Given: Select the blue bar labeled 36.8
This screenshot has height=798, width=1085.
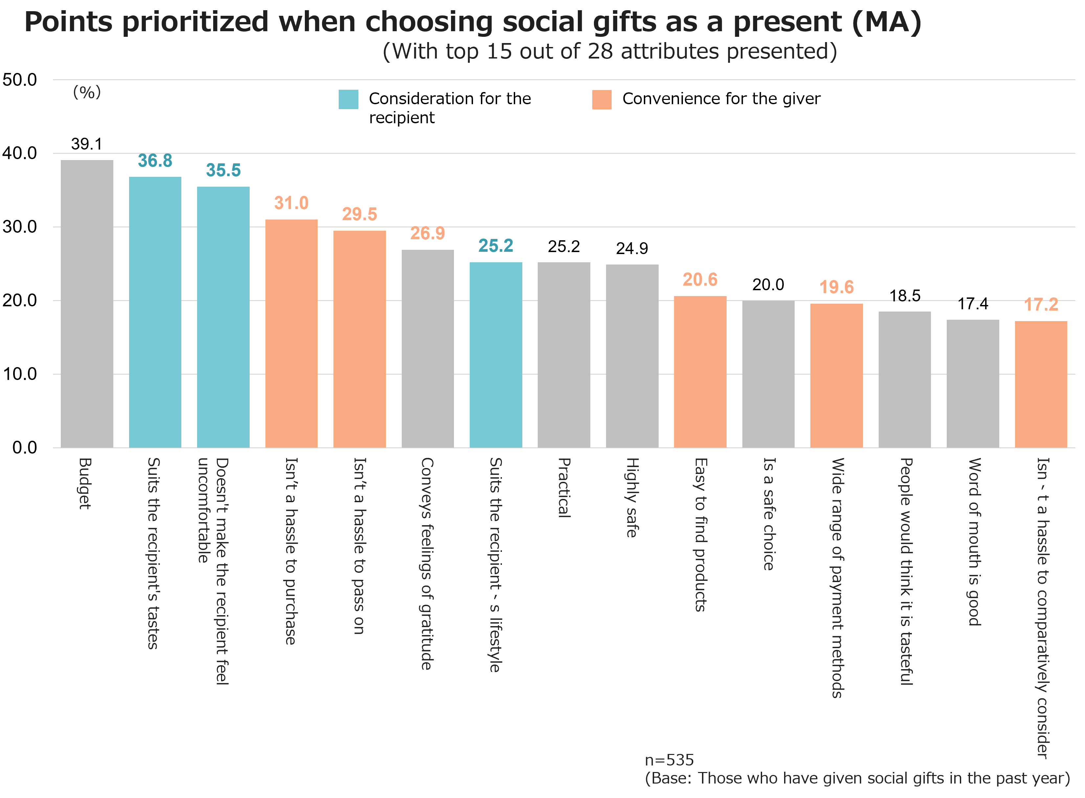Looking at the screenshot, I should (155, 312).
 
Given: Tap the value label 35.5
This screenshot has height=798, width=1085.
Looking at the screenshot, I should (223, 170).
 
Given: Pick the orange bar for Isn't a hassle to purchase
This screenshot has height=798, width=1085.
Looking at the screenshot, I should (291, 333).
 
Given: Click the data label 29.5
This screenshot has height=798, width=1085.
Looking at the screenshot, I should (360, 214).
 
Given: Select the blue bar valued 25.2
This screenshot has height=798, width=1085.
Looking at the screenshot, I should (496, 355).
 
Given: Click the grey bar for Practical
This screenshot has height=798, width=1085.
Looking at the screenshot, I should (564, 355).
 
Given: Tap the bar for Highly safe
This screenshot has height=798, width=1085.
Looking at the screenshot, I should (632, 356).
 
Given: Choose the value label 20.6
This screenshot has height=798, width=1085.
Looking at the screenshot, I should (700, 280).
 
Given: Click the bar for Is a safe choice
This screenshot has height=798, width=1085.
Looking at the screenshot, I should (768, 374).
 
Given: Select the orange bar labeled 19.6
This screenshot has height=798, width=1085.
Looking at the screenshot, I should (836, 375).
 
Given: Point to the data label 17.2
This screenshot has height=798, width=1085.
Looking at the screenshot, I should (1041, 304).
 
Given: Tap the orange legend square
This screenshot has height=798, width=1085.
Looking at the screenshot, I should (601, 100).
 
